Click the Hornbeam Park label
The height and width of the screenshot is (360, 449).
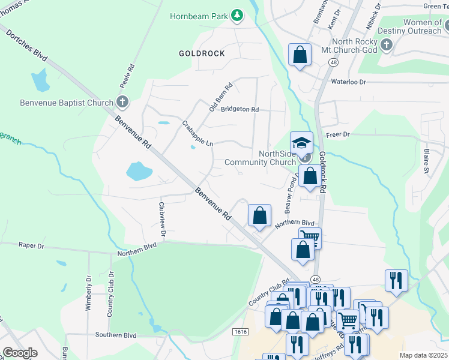click(x=199, y=15)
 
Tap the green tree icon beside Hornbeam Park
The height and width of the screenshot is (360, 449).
click(x=237, y=15)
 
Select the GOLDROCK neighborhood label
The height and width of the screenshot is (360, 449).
click(x=202, y=53)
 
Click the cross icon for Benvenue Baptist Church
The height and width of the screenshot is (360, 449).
click(x=122, y=102)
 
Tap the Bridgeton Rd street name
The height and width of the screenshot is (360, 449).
click(x=240, y=110)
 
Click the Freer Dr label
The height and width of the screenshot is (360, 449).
click(x=337, y=134)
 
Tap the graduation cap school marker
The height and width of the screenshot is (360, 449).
click(x=301, y=143)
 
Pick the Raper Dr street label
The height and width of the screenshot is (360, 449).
click(x=32, y=246)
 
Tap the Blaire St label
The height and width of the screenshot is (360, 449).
click(x=426, y=161)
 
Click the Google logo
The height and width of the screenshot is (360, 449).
click(x=20, y=353)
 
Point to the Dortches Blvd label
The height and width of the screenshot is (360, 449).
click(x=27, y=45)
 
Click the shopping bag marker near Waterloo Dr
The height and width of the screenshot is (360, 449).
click(x=300, y=55)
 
